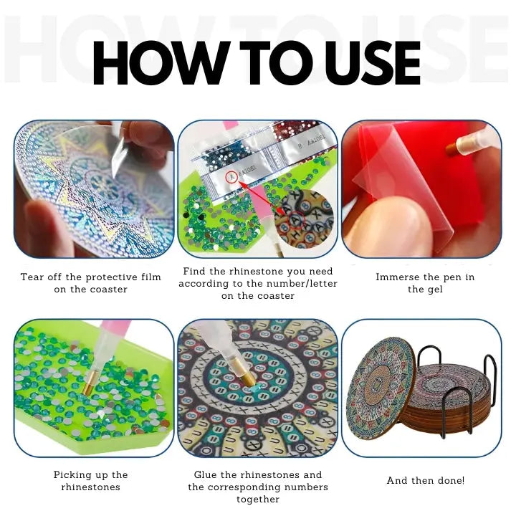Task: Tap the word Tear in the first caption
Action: (x=32, y=277)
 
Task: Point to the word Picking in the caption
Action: (x=72, y=475)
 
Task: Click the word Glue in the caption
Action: (x=206, y=474)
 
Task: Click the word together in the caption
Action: (x=258, y=500)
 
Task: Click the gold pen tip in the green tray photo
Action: (x=90, y=383)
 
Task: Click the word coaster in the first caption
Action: (x=109, y=290)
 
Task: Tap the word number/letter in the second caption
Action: (x=302, y=283)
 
